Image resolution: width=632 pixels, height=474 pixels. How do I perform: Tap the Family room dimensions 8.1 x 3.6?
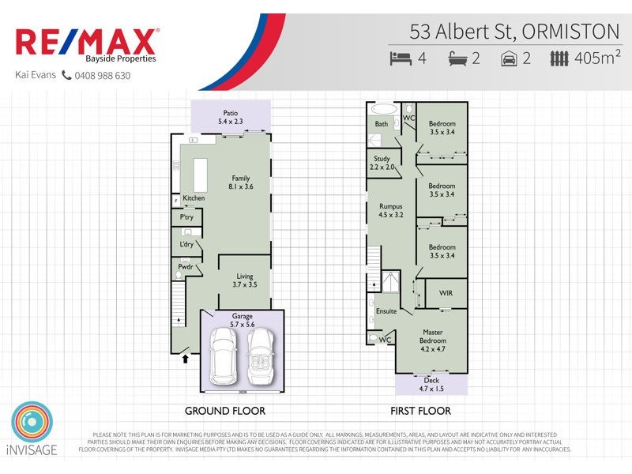(x=240, y=188)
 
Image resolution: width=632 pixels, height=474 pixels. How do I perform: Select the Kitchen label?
(x=194, y=197)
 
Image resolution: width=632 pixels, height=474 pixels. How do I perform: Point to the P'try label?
(x=187, y=217)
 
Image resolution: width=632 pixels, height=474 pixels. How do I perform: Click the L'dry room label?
(x=186, y=244)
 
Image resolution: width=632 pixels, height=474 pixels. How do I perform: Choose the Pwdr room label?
(x=186, y=269)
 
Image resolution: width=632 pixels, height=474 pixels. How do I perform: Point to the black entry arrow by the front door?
(x=186, y=358)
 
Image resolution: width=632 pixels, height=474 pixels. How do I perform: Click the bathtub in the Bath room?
(x=385, y=109)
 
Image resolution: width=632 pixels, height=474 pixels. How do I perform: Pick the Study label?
(x=382, y=159)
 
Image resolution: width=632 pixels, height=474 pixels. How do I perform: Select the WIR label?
(x=446, y=293)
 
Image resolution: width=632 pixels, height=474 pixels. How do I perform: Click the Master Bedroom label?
(x=433, y=337)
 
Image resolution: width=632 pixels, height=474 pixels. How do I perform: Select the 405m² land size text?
(x=597, y=57)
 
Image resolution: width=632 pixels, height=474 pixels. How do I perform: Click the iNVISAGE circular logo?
(x=32, y=423)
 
